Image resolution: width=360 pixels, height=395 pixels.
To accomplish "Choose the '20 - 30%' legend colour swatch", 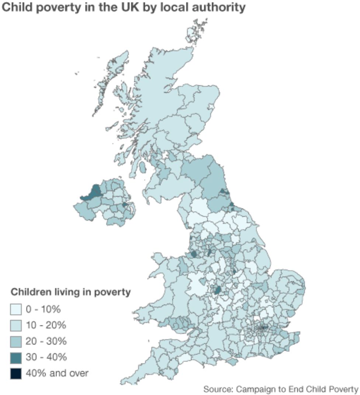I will coord(16,342).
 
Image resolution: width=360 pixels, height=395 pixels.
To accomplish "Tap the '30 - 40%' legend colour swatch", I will coord(16,357).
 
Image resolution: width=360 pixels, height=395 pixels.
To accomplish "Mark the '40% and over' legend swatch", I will coord(16,374).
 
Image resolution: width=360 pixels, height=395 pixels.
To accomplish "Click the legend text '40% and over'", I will coord(57,373).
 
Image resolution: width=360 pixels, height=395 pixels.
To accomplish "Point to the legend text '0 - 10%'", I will coord(43,309).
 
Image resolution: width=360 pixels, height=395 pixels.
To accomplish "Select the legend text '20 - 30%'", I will coord(46,341).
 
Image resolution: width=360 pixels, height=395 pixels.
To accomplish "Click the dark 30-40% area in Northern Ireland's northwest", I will coord(96,190).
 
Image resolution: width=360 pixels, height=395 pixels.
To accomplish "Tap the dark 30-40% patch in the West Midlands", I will coord(218,290).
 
